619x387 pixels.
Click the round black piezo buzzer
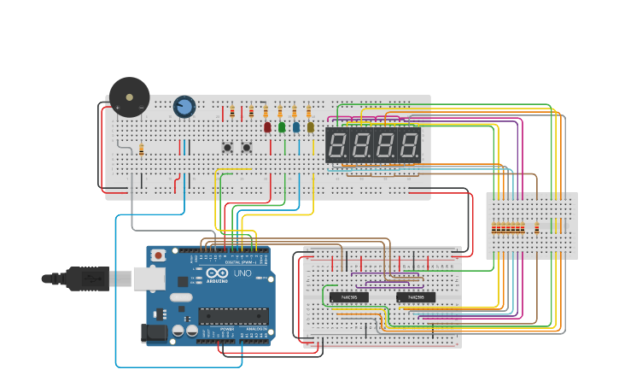click(129, 97)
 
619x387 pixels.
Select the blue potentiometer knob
click(184, 107)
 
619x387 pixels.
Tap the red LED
click(267, 127)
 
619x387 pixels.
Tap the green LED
click(282, 127)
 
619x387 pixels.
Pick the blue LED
click(296, 127)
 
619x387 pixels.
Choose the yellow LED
click(310, 127)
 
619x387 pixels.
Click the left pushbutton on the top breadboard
click(228, 148)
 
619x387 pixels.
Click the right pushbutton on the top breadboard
click(247, 148)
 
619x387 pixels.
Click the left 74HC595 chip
click(349, 297)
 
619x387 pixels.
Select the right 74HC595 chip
click(416, 297)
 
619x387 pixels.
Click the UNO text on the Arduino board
click(242, 274)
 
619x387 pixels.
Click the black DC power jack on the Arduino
click(155, 333)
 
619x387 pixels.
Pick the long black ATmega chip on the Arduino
click(233, 315)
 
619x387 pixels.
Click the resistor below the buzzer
click(141, 151)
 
